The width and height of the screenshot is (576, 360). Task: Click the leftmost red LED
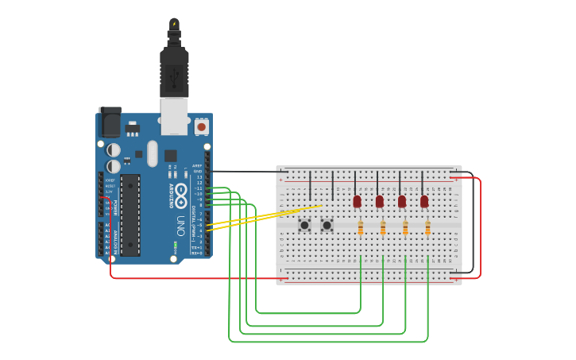[357, 201]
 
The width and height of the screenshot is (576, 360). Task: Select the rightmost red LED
[424, 201]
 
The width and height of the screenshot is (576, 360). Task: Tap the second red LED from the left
[379, 201]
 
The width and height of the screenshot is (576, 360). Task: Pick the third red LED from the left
[402, 201]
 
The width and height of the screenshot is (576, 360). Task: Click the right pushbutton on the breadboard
[327, 226]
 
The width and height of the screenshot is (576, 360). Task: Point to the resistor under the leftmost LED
[361, 228]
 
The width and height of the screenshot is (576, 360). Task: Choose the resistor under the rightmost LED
[428, 228]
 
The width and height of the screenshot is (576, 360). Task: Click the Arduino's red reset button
[201, 126]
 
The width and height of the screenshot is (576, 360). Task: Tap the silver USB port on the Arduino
[174, 116]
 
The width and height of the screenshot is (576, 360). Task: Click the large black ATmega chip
[130, 215]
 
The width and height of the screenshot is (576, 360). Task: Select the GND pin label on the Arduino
[199, 171]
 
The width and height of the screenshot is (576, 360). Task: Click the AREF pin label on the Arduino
[197, 165]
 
